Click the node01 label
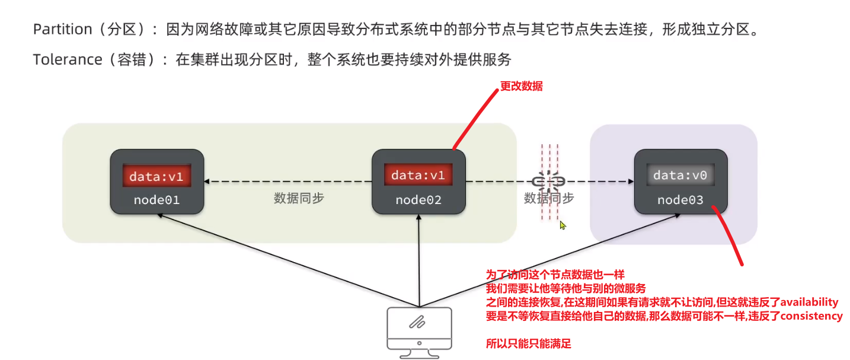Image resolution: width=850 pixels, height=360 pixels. pyautogui.click(x=156, y=200)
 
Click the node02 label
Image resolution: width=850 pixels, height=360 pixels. pyautogui.click(x=418, y=200)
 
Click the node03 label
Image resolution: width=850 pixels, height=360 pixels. pyautogui.click(x=680, y=200)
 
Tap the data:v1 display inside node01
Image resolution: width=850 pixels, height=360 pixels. pyautogui.click(x=157, y=176)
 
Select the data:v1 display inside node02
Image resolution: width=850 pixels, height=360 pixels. pyautogui.click(x=418, y=176)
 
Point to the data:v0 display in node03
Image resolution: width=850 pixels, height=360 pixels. pyautogui.click(x=680, y=176)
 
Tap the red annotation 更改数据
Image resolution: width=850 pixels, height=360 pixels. pyautogui.click(x=522, y=87)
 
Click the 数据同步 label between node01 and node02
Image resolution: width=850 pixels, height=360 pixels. pyautogui.click(x=299, y=199)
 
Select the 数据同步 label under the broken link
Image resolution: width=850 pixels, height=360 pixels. pyautogui.click(x=549, y=199)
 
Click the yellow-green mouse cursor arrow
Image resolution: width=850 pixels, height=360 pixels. pyautogui.click(x=563, y=225)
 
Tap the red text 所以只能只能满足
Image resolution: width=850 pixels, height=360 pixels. pyautogui.click(x=528, y=344)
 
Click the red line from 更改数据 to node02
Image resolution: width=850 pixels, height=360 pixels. pyautogui.click(x=474, y=119)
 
